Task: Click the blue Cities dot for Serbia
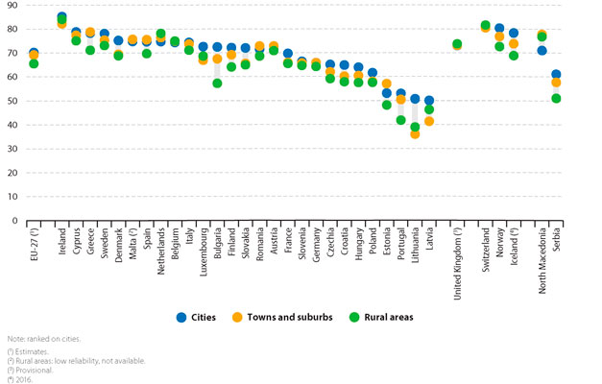pos(556,75)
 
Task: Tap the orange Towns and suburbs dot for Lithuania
pos(415,134)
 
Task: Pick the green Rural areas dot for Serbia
pos(556,99)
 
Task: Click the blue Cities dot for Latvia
pos(429,101)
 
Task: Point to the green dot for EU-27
pos(34,63)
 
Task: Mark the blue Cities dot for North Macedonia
pos(542,51)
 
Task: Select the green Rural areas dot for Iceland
pos(514,56)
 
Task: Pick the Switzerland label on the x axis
pos(486,244)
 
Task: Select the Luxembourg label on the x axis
pos(204,246)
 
